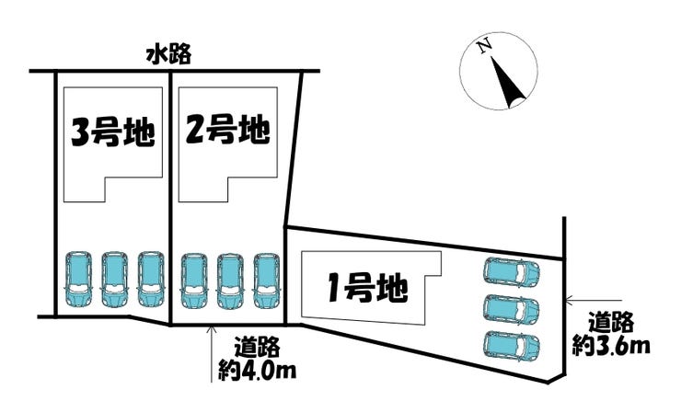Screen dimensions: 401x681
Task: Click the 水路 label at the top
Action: coord(167,55)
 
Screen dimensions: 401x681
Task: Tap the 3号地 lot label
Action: coord(111,132)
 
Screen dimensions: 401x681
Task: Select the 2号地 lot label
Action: coord(227,132)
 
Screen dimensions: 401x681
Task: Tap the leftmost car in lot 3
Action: coord(79,280)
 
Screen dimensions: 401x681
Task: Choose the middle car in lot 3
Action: coord(114,280)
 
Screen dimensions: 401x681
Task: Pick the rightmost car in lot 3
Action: coord(149,280)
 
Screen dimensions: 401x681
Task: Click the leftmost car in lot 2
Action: coord(194,280)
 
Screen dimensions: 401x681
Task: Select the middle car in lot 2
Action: coord(229,280)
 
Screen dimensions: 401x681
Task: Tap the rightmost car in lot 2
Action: coord(265,280)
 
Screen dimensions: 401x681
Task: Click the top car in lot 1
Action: coord(512,273)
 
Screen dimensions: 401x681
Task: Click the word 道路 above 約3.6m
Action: coord(613,323)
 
